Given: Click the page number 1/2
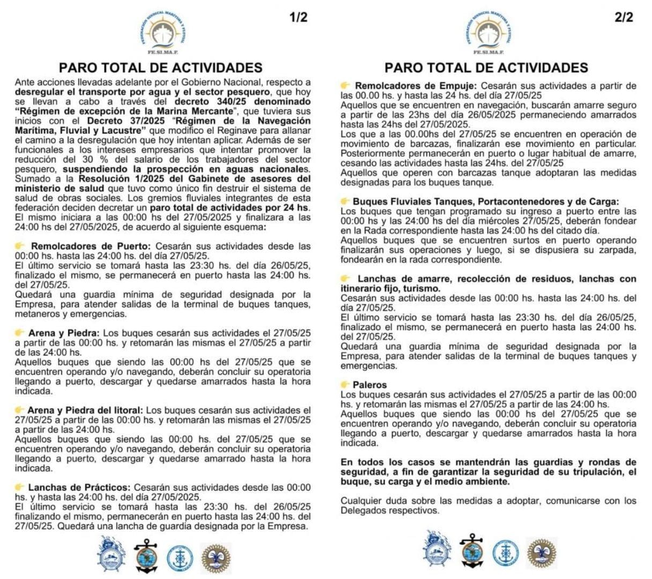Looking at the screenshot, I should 298,17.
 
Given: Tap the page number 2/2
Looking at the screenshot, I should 624,17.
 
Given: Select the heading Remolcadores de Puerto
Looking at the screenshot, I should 87,246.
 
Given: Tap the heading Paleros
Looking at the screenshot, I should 369,385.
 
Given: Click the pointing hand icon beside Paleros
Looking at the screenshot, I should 346,385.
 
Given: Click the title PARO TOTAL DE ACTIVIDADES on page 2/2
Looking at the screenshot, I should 486,68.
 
